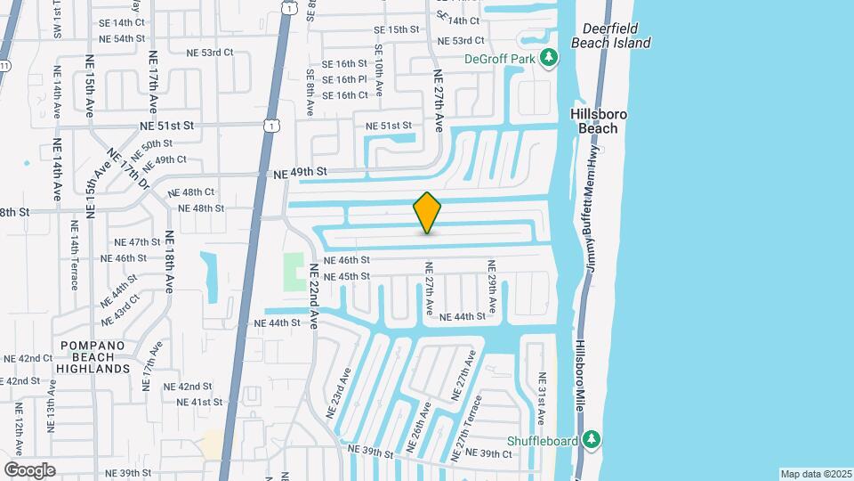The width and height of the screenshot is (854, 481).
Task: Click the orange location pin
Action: [427, 213]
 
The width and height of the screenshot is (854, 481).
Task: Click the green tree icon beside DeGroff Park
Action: [550, 59]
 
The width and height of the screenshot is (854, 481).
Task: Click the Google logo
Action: [29, 469]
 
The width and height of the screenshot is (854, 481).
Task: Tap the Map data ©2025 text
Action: [815, 474]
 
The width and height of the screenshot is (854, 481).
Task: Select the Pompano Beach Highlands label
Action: [94, 356]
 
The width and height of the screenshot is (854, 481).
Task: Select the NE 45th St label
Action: [346, 276]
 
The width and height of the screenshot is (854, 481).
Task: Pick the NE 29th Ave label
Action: [490, 282]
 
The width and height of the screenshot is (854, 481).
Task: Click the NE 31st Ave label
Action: [543, 398]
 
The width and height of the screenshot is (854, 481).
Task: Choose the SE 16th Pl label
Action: [344, 79]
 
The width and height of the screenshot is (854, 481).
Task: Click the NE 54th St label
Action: [122, 38]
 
